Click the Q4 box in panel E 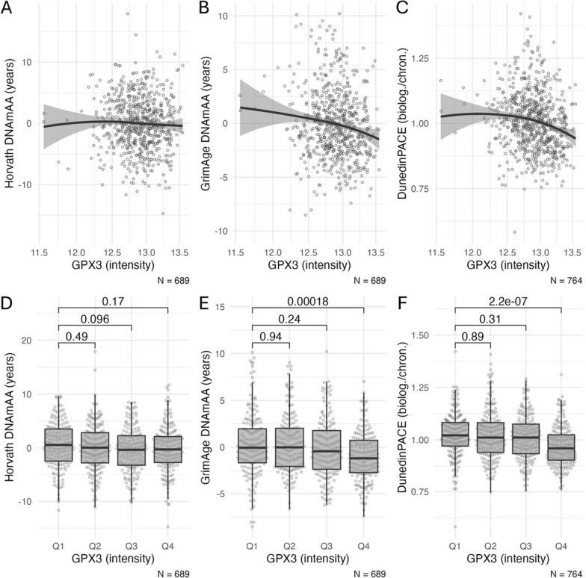click(363, 456)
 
